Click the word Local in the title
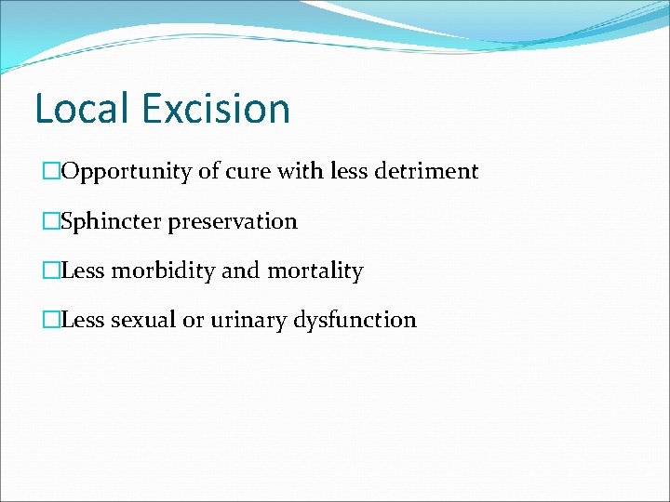click(82, 108)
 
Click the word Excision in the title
click(216, 108)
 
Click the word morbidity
click(163, 271)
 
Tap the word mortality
click(315, 271)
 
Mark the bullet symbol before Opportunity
click(51, 172)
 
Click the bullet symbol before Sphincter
click(51, 222)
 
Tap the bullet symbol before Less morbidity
click(51, 271)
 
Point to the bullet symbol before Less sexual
click(51, 321)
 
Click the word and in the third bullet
click(241, 271)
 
